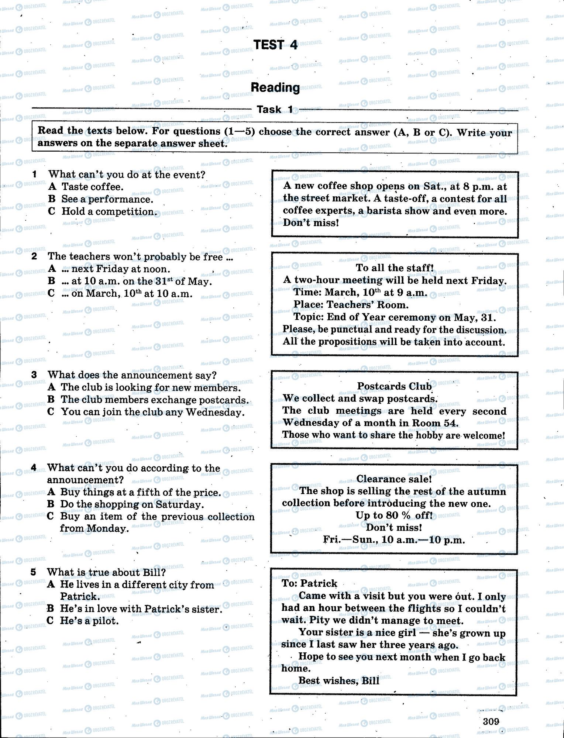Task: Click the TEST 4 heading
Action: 275,45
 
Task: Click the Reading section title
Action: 275,87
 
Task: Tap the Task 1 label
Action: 275,109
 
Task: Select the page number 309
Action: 491,721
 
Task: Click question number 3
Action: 34,375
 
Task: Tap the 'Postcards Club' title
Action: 394,386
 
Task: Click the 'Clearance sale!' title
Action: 394,479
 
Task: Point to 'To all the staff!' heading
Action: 394,268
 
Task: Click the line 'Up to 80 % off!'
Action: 394,515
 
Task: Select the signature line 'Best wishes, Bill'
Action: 338,680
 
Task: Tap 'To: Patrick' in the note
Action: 309,583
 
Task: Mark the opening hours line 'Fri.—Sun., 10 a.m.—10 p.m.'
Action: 394,540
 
